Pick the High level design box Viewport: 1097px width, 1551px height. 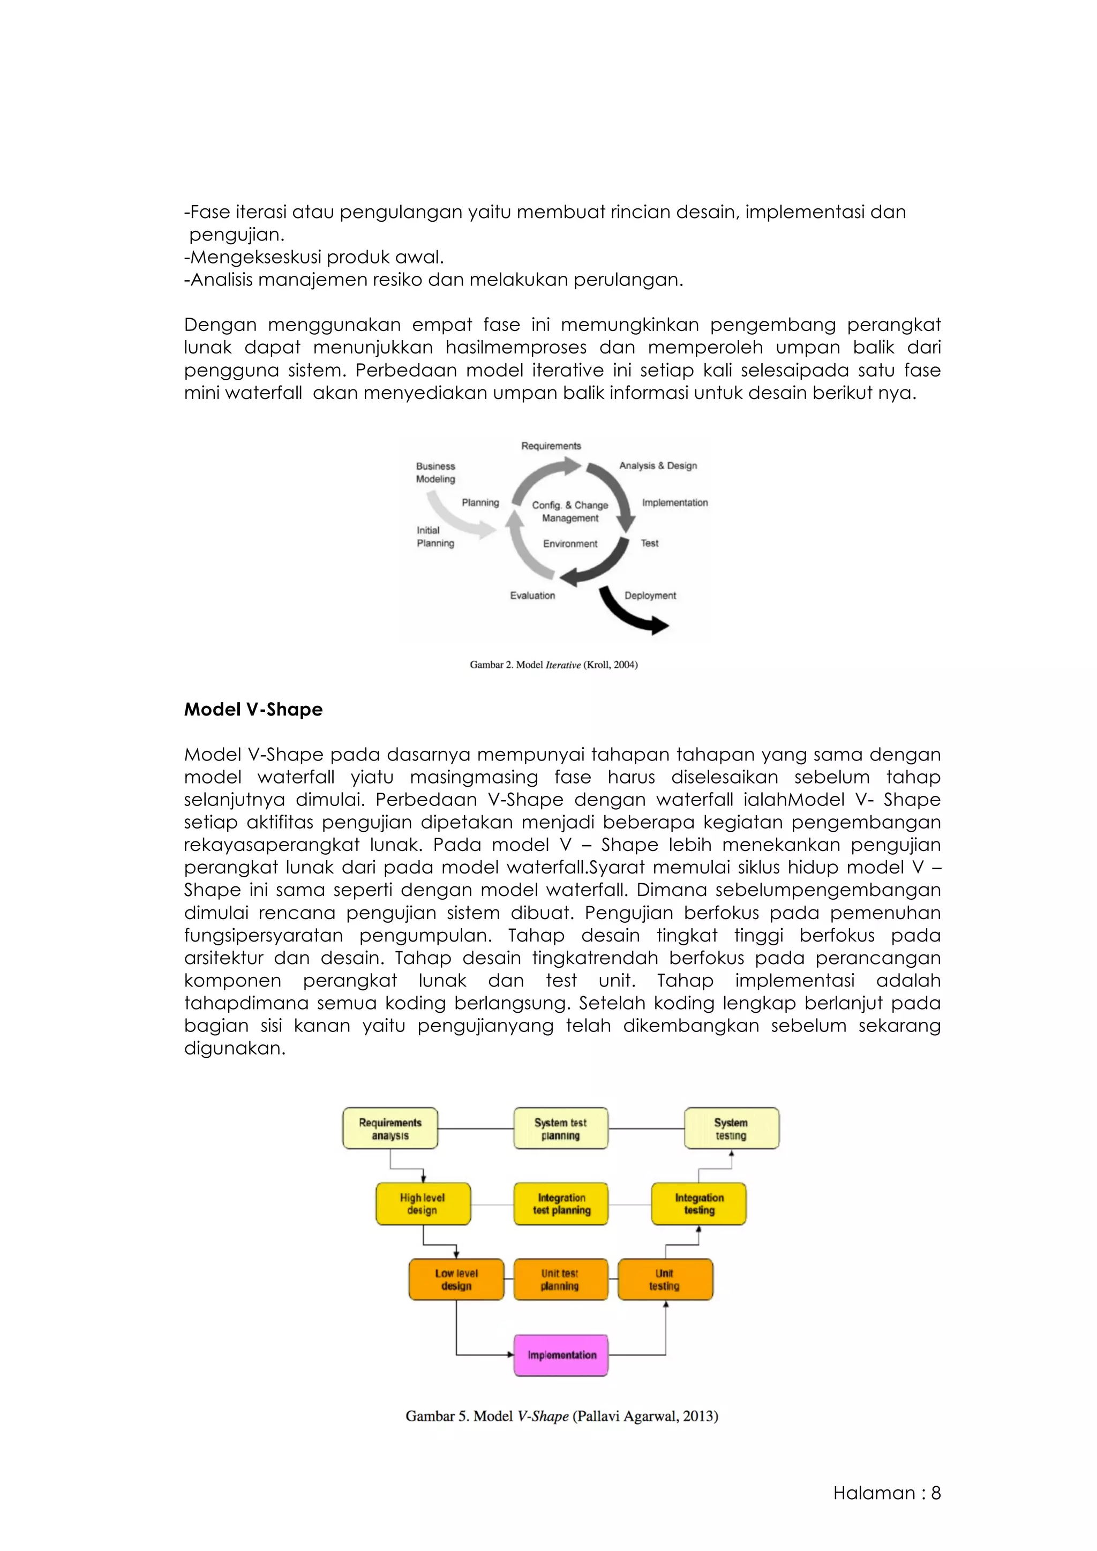tap(423, 1204)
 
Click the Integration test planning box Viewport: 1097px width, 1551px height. tap(561, 1204)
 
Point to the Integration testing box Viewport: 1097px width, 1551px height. tap(698, 1204)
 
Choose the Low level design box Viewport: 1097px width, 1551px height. tap(456, 1279)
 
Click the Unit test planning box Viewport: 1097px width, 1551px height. tap(561, 1279)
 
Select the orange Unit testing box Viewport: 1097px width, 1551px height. tap(665, 1279)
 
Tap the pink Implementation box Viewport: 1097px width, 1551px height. tap(561, 1355)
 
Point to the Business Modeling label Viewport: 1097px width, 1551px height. tap(435, 472)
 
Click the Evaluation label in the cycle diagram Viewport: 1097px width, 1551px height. tap(532, 595)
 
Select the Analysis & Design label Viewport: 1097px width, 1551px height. tap(658, 465)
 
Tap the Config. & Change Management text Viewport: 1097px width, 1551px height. tap(569, 511)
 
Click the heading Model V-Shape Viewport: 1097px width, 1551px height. tap(253, 709)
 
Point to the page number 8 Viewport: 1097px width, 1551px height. tap(936, 1493)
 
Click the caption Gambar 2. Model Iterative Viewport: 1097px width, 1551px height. tap(553, 665)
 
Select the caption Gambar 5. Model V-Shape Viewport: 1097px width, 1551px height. tap(561, 1417)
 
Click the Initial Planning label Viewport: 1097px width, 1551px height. tap(435, 536)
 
